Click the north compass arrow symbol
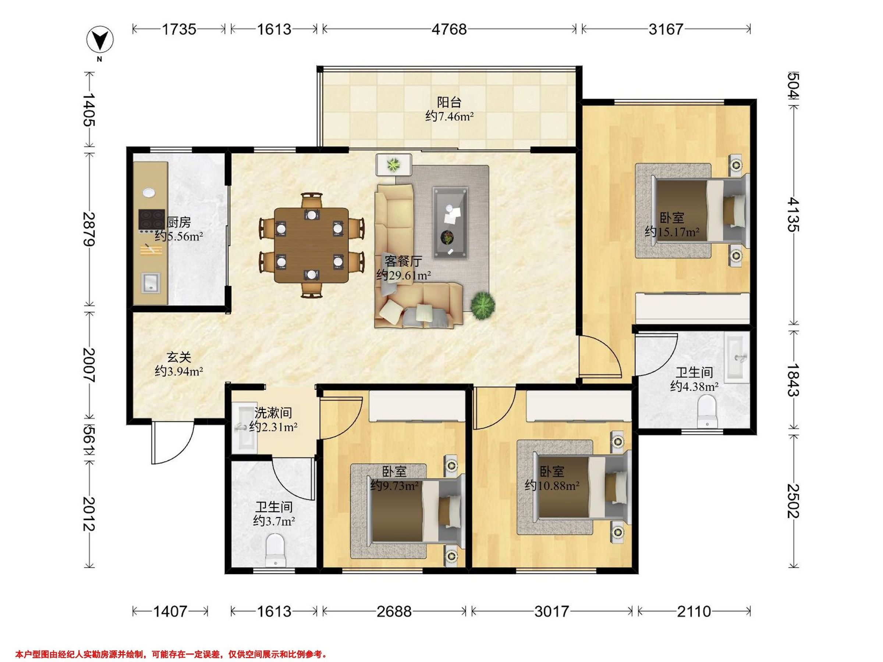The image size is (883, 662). pyautogui.click(x=100, y=40)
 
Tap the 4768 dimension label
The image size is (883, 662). pyautogui.click(x=449, y=29)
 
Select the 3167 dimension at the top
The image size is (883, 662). pyautogui.click(x=666, y=29)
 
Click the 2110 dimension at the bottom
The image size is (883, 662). pyautogui.click(x=694, y=611)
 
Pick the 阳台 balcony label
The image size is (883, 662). pyautogui.click(x=449, y=102)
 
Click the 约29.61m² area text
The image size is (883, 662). pyautogui.click(x=404, y=275)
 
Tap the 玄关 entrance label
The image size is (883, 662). pyautogui.click(x=179, y=357)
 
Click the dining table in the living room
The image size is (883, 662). pyautogui.click(x=311, y=245)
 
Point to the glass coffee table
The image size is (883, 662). pyautogui.click(x=450, y=223)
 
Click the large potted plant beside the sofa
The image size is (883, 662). pyautogui.click(x=483, y=305)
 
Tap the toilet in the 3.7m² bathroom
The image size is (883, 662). pyautogui.click(x=275, y=550)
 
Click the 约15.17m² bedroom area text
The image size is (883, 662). pyautogui.click(x=672, y=231)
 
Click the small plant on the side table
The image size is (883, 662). pyautogui.click(x=394, y=164)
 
